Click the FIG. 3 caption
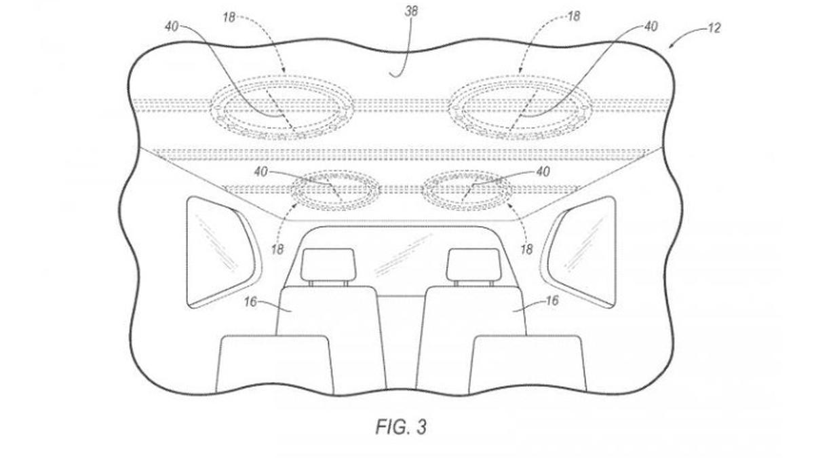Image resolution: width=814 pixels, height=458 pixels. [401, 427]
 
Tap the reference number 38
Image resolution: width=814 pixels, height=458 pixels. [411, 12]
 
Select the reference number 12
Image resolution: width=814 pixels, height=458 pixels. [714, 28]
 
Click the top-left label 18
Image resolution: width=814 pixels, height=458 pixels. [229, 17]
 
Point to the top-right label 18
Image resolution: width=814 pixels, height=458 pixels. [573, 16]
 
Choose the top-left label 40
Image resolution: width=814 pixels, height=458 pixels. [172, 26]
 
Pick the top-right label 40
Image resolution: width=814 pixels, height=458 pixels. [651, 26]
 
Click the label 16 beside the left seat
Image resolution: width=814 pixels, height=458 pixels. [250, 302]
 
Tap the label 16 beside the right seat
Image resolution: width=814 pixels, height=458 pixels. [552, 301]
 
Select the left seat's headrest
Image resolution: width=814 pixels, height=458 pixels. [328, 265]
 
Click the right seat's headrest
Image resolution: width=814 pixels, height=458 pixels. [474, 265]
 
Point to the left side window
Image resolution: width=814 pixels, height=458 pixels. [222, 252]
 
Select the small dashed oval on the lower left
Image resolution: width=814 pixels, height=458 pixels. [335, 171]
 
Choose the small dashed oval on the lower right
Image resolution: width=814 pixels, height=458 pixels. [466, 171]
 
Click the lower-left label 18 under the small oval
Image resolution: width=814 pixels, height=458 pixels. [277, 250]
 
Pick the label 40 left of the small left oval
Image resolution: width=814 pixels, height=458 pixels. [261, 172]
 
